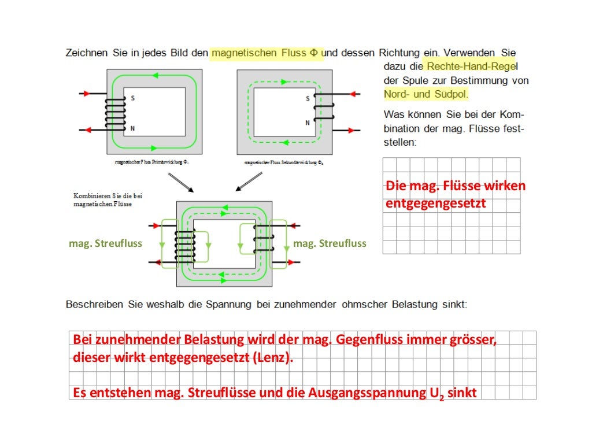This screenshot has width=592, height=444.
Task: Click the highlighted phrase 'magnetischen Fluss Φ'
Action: [264, 53]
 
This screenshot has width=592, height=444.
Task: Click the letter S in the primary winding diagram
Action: [132, 98]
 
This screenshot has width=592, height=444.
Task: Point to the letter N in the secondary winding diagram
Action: [308, 123]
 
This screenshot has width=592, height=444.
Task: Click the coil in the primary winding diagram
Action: [114, 113]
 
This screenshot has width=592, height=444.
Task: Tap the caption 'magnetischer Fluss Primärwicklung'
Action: [152, 163]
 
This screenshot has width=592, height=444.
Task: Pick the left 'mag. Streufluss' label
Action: [105, 243]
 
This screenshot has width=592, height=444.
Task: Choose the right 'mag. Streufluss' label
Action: [330, 243]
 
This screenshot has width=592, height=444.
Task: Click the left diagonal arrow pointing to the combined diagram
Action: [180, 183]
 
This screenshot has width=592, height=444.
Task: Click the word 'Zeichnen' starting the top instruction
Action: [87, 53]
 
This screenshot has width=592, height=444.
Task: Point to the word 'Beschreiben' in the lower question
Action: [94, 304]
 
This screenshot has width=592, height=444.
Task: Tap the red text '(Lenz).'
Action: [272, 358]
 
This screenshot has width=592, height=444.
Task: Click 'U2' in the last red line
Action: [436, 394]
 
